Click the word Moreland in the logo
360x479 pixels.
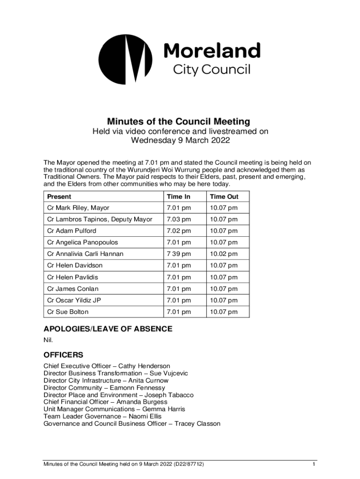[211, 51]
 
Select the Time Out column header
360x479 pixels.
[224, 197]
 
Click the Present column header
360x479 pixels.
[59, 197]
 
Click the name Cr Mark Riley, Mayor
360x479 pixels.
[79, 208]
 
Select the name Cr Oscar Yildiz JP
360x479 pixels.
[74, 300]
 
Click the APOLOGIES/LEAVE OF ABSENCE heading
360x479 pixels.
[108, 329]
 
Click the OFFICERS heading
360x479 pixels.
[64, 355]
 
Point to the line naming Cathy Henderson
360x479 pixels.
[107, 366]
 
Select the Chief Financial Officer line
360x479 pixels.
[105, 402]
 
